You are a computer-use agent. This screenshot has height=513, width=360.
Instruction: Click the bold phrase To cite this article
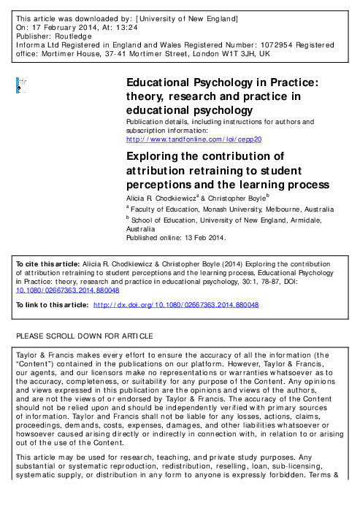pos(45,261)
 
